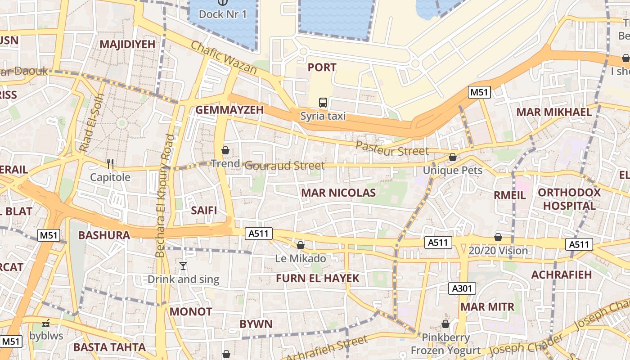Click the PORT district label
(322, 67)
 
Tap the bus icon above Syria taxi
(323, 103)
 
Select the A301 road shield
(462, 288)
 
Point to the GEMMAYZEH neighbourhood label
(229, 110)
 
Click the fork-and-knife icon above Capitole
(110, 164)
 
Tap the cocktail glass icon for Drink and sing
(183, 266)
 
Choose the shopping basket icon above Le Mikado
(300, 245)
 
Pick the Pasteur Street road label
(392, 148)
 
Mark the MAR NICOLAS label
(338, 193)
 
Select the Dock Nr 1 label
(223, 14)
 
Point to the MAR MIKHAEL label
(554, 112)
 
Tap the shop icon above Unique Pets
(453, 157)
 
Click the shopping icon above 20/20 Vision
(498, 237)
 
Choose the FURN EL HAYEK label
(318, 279)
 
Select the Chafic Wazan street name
(224, 58)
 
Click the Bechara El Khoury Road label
(165, 196)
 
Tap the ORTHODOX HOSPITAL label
(569, 199)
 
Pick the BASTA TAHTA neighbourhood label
(109, 347)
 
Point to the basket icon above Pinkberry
(445, 324)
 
